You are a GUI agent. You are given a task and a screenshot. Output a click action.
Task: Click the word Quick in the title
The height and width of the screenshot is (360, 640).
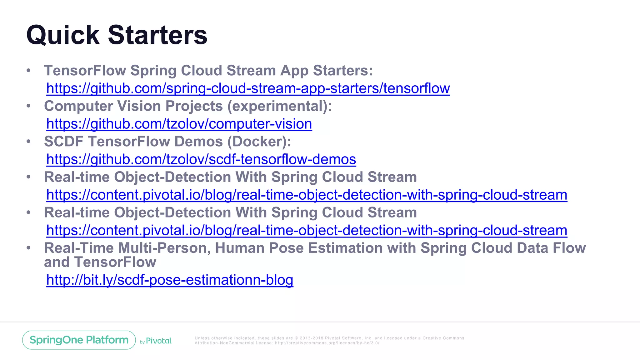(x=62, y=35)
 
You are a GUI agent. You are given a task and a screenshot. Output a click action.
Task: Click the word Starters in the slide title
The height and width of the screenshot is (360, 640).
(x=157, y=35)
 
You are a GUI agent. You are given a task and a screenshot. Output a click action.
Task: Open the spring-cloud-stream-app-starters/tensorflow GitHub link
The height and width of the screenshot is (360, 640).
(x=248, y=88)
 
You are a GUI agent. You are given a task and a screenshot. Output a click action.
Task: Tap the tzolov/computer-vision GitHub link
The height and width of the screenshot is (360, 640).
(x=179, y=124)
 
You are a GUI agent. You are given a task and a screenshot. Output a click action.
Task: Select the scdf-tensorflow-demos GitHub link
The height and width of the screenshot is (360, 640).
(x=201, y=159)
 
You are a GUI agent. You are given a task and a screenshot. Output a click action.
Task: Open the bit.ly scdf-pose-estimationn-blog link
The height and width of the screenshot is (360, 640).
(x=170, y=280)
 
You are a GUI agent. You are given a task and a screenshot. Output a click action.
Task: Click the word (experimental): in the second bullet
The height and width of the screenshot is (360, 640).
(x=279, y=106)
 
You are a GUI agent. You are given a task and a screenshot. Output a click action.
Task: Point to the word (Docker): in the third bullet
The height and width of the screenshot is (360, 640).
(x=259, y=142)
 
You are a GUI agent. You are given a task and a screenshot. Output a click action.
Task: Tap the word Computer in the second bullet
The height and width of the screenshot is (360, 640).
(x=78, y=106)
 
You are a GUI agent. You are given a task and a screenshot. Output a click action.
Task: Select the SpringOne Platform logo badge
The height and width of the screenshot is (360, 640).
(x=79, y=340)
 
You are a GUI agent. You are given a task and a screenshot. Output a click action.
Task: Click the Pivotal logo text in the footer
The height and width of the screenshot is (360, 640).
(x=159, y=341)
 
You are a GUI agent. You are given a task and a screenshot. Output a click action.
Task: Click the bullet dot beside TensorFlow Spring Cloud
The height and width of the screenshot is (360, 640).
(x=29, y=71)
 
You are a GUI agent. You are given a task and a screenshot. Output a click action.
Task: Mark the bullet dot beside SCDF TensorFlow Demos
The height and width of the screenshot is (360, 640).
(x=29, y=142)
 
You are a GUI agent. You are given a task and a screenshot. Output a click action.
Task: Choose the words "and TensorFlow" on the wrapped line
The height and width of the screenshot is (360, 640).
(x=100, y=262)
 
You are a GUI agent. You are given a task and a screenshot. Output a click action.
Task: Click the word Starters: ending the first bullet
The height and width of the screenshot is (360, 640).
(x=343, y=71)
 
